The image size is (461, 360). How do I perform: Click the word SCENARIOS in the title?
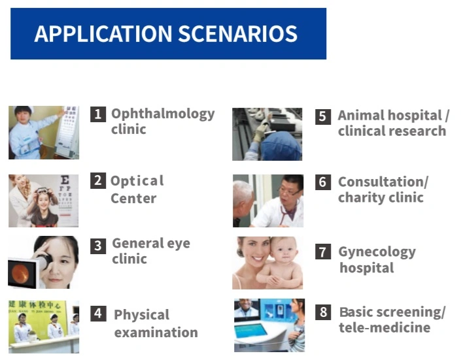(x=237, y=33)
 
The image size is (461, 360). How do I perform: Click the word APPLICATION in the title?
(x=103, y=33)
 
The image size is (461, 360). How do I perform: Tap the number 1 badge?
(x=98, y=114)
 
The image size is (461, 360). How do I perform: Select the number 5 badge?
(x=323, y=116)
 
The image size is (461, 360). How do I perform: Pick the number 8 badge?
(x=323, y=312)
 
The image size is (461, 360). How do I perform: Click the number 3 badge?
(x=98, y=246)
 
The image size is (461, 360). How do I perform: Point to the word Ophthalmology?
(x=163, y=114)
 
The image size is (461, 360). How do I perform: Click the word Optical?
(x=137, y=181)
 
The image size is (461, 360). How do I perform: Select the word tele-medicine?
(x=384, y=327)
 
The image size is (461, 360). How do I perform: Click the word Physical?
(x=141, y=316)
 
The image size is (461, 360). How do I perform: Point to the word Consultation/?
(x=383, y=182)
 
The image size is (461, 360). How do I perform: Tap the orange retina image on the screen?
(x=20, y=274)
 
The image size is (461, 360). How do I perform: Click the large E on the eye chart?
(x=65, y=180)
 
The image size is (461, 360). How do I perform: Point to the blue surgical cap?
(x=281, y=146)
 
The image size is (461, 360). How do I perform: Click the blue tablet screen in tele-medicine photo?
(x=251, y=331)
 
